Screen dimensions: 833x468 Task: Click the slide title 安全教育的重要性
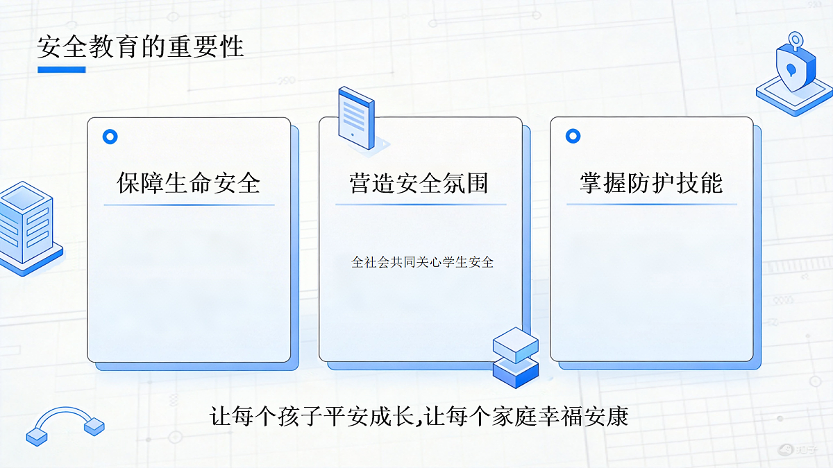coord(140,47)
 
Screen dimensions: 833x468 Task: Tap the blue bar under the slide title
coord(62,69)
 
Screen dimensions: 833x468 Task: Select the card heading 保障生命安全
coord(189,183)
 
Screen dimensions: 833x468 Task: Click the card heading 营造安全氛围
coord(419,183)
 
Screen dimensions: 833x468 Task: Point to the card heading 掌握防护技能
coord(651,183)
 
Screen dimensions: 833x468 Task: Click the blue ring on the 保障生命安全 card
coord(110,137)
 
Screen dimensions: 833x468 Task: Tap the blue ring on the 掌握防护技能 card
coord(573,136)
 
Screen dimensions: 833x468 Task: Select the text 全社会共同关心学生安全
coord(423,262)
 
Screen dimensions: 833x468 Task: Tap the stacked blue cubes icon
coord(516,357)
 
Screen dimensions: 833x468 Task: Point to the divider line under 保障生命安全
coord(189,205)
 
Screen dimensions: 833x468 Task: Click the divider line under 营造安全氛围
coord(421,205)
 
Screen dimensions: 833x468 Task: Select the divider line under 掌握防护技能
coord(652,204)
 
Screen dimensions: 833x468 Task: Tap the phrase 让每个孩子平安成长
coord(312,416)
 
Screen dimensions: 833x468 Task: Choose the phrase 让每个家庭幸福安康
coord(526,416)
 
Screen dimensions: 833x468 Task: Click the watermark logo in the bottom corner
coord(798,450)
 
